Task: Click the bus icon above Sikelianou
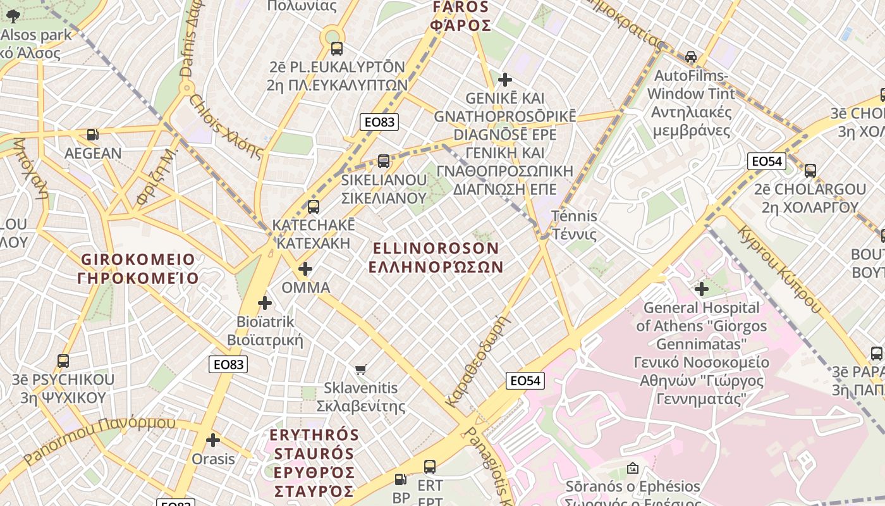[x=384, y=161]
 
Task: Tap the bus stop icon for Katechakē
[x=313, y=206]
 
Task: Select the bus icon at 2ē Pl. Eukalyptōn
[x=337, y=48]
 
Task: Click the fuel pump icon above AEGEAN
[x=93, y=134]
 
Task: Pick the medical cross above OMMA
[x=305, y=269]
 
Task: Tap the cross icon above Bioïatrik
[x=265, y=303]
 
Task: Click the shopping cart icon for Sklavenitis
[x=361, y=369]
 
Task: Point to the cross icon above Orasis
[x=213, y=440]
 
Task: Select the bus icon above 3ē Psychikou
[x=63, y=361]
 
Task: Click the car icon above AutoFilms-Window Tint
[x=691, y=57]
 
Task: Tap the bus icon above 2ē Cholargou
[x=810, y=170]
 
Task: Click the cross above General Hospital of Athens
[x=702, y=289]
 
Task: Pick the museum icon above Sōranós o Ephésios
[x=632, y=468]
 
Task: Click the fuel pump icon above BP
[x=401, y=480]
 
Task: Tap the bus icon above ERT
[x=430, y=467]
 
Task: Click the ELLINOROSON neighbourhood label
[x=436, y=257]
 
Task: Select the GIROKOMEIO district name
[x=138, y=269]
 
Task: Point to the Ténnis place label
[x=575, y=225]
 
